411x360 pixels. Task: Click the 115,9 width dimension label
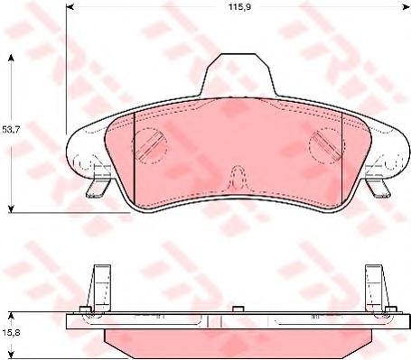pyautogui.click(x=239, y=7)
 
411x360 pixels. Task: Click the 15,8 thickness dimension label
pyautogui.click(x=11, y=334)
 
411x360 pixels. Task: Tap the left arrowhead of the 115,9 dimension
pyautogui.click(x=70, y=6)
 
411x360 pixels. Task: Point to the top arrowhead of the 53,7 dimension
pyautogui.click(x=11, y=58)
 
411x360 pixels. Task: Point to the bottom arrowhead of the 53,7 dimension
pyautogui.click(x=11, y=208)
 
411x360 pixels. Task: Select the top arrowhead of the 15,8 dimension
pyautogui.click(x=11, y=316)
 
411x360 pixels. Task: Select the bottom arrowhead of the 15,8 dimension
pyautogui.click(x=11, y=355)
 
